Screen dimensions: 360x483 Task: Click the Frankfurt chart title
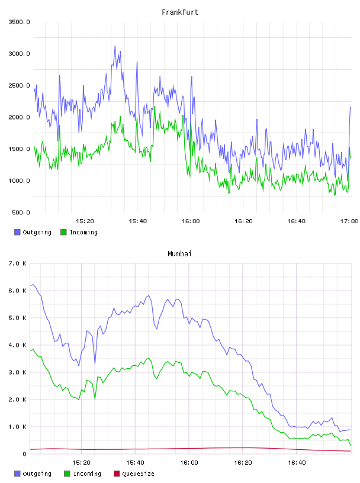180,12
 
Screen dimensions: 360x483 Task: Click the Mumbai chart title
179,253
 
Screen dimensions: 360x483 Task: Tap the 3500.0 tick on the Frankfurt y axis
19,22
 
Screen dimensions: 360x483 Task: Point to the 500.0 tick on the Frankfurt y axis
21,212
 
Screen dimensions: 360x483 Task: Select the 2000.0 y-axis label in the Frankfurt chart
19,117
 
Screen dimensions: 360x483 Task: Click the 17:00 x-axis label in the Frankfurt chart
349,221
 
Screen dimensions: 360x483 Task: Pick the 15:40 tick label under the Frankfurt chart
138,221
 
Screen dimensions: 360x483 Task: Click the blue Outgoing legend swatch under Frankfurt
17,232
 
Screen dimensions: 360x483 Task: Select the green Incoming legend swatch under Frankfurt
63,232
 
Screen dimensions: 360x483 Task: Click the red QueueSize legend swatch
117,474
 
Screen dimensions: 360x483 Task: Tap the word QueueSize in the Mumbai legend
138,474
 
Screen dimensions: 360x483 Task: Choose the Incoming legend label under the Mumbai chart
87,474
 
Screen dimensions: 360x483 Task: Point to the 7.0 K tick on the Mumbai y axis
17,263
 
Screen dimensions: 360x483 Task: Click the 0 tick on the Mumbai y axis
25,454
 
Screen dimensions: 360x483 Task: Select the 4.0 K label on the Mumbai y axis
17,345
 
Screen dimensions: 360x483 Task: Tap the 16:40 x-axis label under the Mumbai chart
297,463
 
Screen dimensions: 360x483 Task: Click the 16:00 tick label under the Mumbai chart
189,463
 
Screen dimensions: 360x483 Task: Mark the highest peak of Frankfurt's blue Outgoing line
115,46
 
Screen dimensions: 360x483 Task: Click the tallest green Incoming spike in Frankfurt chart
155,107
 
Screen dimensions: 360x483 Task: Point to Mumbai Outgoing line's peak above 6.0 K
33,285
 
